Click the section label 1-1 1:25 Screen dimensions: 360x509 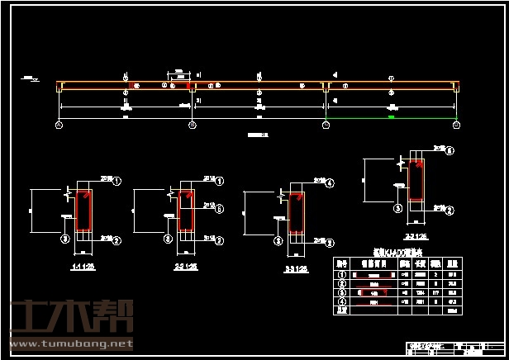[83, 268]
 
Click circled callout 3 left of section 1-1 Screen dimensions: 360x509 [64, 239]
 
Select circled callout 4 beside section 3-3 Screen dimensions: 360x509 [330, 183]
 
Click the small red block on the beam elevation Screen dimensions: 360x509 [189, 85]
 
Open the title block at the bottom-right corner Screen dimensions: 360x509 [455, 347]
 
